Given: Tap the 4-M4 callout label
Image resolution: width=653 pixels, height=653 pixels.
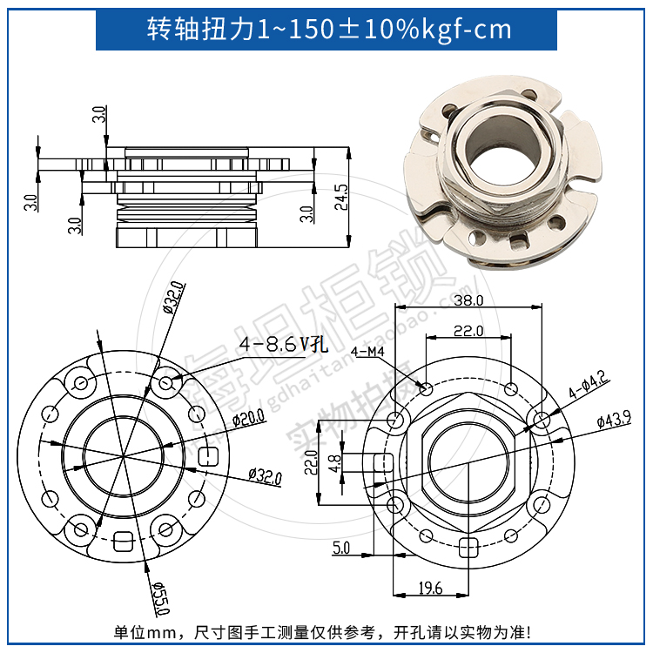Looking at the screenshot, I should (369, 352).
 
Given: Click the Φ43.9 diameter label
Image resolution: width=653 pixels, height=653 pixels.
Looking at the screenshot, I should (614, 421).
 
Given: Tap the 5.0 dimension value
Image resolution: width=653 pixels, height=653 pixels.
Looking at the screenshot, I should (340, 548).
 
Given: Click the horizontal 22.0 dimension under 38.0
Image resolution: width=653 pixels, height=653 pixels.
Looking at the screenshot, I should (468, 330).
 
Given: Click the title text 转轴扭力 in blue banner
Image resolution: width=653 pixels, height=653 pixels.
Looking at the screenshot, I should (200, 29).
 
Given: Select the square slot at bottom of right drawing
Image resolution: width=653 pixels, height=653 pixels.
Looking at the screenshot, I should (468, 546).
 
